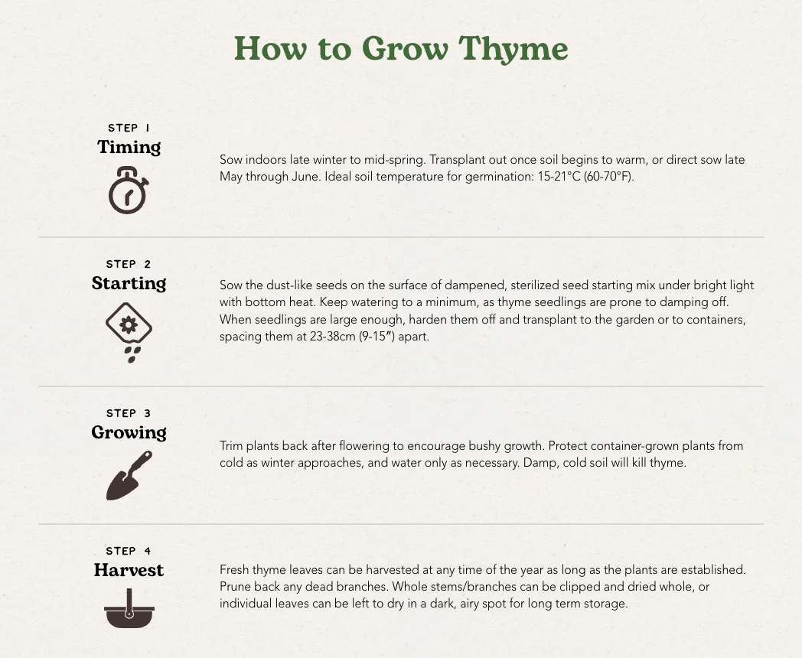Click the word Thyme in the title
pyautogui.click(x=513, y=50)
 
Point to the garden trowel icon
pyautogui.click(x=129, y=475)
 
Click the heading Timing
pyautogui.click(x=129, y=147)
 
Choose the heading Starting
pyautogui.click(x=129, y=283)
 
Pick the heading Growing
pyautogui.click(x=129, y=432)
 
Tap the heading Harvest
pyautogui.click(x=129, y=569)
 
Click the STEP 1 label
pyautogui.click(x=129, y=128)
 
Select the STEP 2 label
pyautogui.click(x=129, y=264)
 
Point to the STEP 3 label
pyautogui.click(x=129, y=413)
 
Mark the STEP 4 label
pyautogui.click(x=129, y=551)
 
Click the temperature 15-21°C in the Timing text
pyautogui.click(x=559, y=177)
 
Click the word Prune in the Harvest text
pyautogui.click(x=235, y=586)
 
